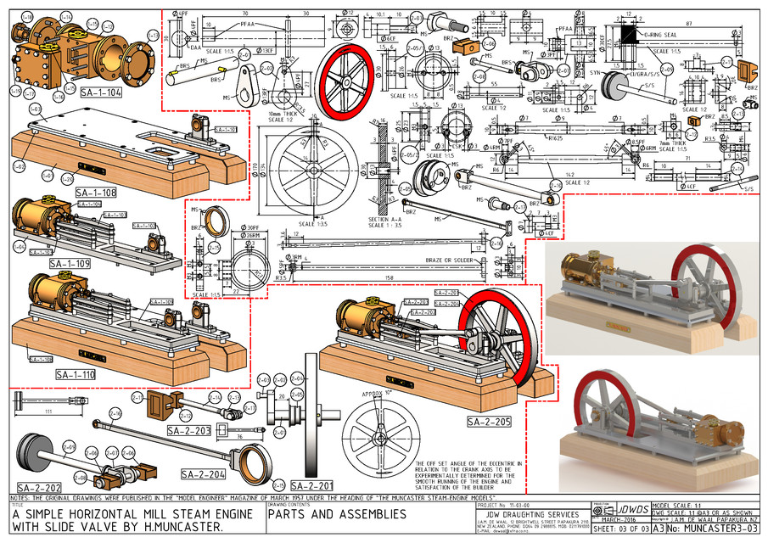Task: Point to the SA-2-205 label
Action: click(x=489, y=420)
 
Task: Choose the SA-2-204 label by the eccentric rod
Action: click(x=202, y=473)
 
